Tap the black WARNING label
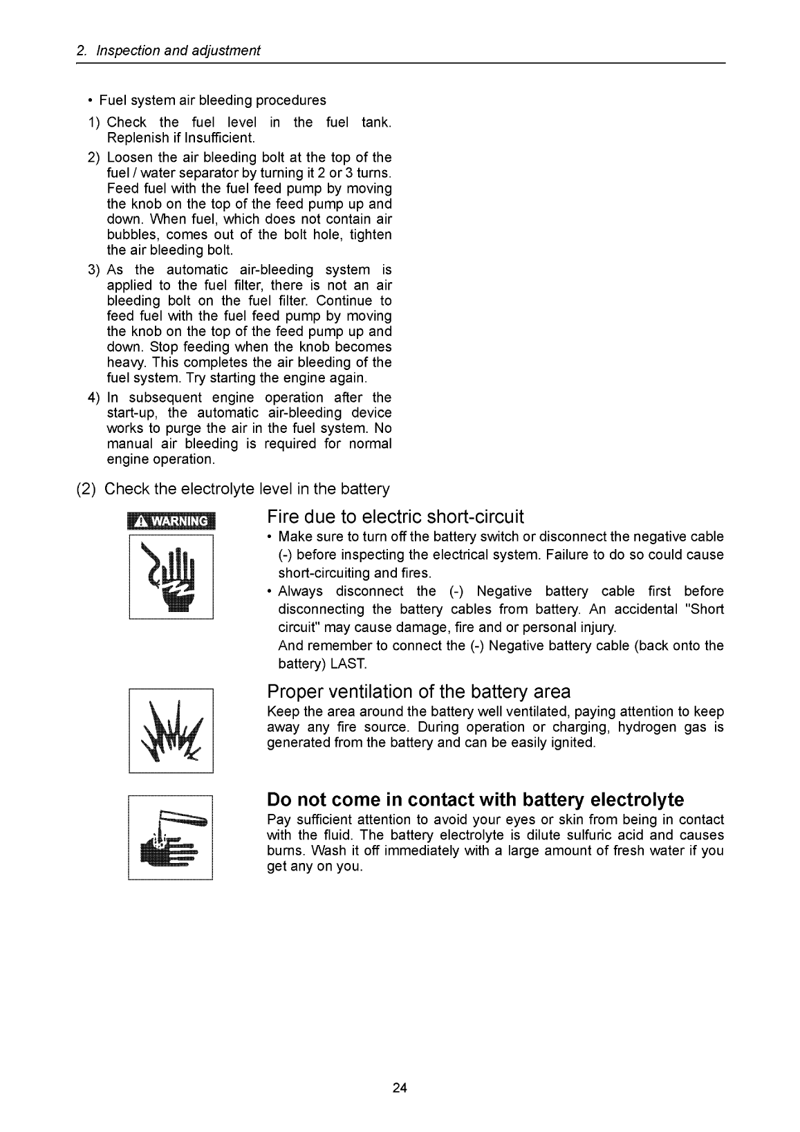[171, 521]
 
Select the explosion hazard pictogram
[171, 730]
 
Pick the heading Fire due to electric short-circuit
[396, 517]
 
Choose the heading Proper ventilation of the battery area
[418, 692]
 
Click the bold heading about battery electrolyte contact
[475, 800]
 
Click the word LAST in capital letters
[353, 665]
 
